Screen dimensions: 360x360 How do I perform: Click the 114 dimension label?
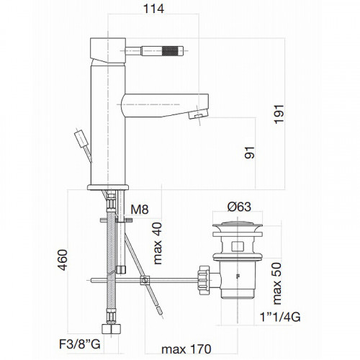(153, 9)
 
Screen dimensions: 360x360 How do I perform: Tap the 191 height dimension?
(279, 114)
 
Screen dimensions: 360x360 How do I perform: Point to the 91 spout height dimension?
(250, 153)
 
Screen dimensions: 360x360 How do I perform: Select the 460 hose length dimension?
(63, 260)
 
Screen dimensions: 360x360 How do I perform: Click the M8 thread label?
(140, 210)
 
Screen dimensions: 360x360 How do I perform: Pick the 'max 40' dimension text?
(158, 243)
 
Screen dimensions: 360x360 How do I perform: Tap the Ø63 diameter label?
(239, 207)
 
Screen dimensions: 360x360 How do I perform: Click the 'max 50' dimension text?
(276, 284)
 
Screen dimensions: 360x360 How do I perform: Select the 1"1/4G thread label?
(280, 317)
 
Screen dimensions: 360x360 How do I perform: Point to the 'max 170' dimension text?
(186, 349)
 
